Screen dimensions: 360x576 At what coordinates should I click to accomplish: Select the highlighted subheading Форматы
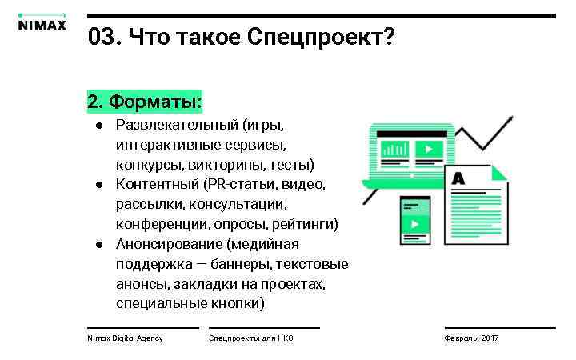point(155,102)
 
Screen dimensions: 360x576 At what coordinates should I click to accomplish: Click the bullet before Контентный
point(96,186)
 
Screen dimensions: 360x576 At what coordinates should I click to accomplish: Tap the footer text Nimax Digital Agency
point(125,338)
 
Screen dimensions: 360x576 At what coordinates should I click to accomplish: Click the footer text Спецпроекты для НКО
point(251,338)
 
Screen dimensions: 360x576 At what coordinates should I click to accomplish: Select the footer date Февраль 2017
point(471,338)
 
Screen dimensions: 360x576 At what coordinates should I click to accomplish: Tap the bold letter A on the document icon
point(458,178)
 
